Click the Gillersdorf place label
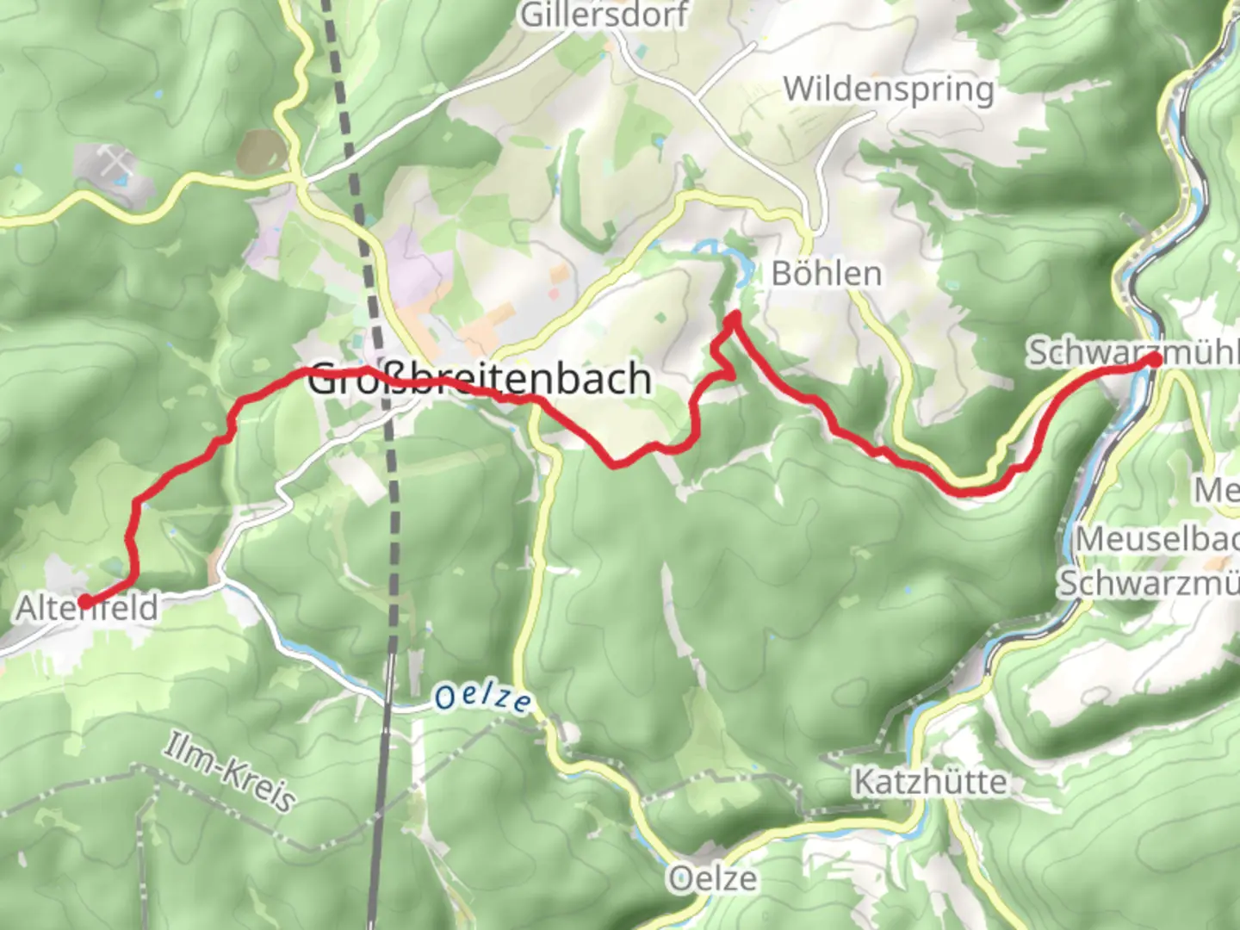coord(604,15)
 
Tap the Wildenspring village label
coord(888,89)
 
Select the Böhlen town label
coord(827,274)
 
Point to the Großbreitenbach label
coord(479,379)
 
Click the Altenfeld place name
coord(88,609)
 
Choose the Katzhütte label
coord(929,782)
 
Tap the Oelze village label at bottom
coord(713,879)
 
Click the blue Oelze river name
coord(482,697)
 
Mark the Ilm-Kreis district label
coord(229,772)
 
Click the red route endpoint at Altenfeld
coord(85,601)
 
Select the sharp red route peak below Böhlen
coord(734,319)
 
